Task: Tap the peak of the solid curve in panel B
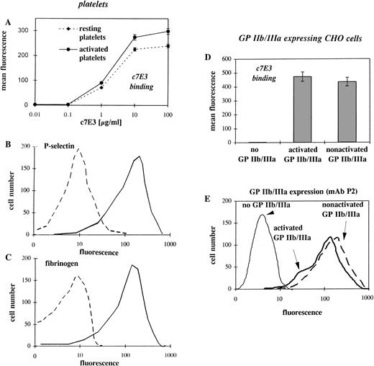(x=139, y=156)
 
